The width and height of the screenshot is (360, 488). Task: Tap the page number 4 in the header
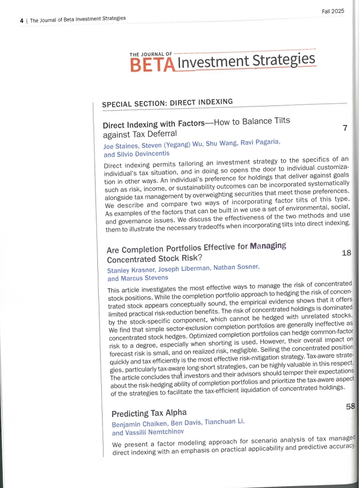pyautogui.click(x=22, y=21)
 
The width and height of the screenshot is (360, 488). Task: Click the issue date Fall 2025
pyautogui.click(x=333, y=11)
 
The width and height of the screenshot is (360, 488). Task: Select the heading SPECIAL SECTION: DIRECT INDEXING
pyautogui.click(x=167, y=103)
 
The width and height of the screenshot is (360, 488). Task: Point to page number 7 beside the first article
pyautogui.click(x=345, y=128)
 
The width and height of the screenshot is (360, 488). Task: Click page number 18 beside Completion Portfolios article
pyautogui.click(x=347, y=253)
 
